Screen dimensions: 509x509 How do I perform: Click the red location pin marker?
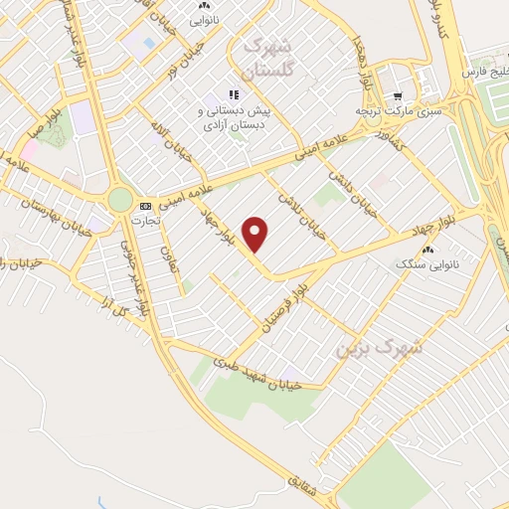coord(256,234)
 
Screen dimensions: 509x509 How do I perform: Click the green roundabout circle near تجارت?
coord(120,199)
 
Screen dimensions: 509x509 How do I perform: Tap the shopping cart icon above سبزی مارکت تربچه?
coord(398,96)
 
